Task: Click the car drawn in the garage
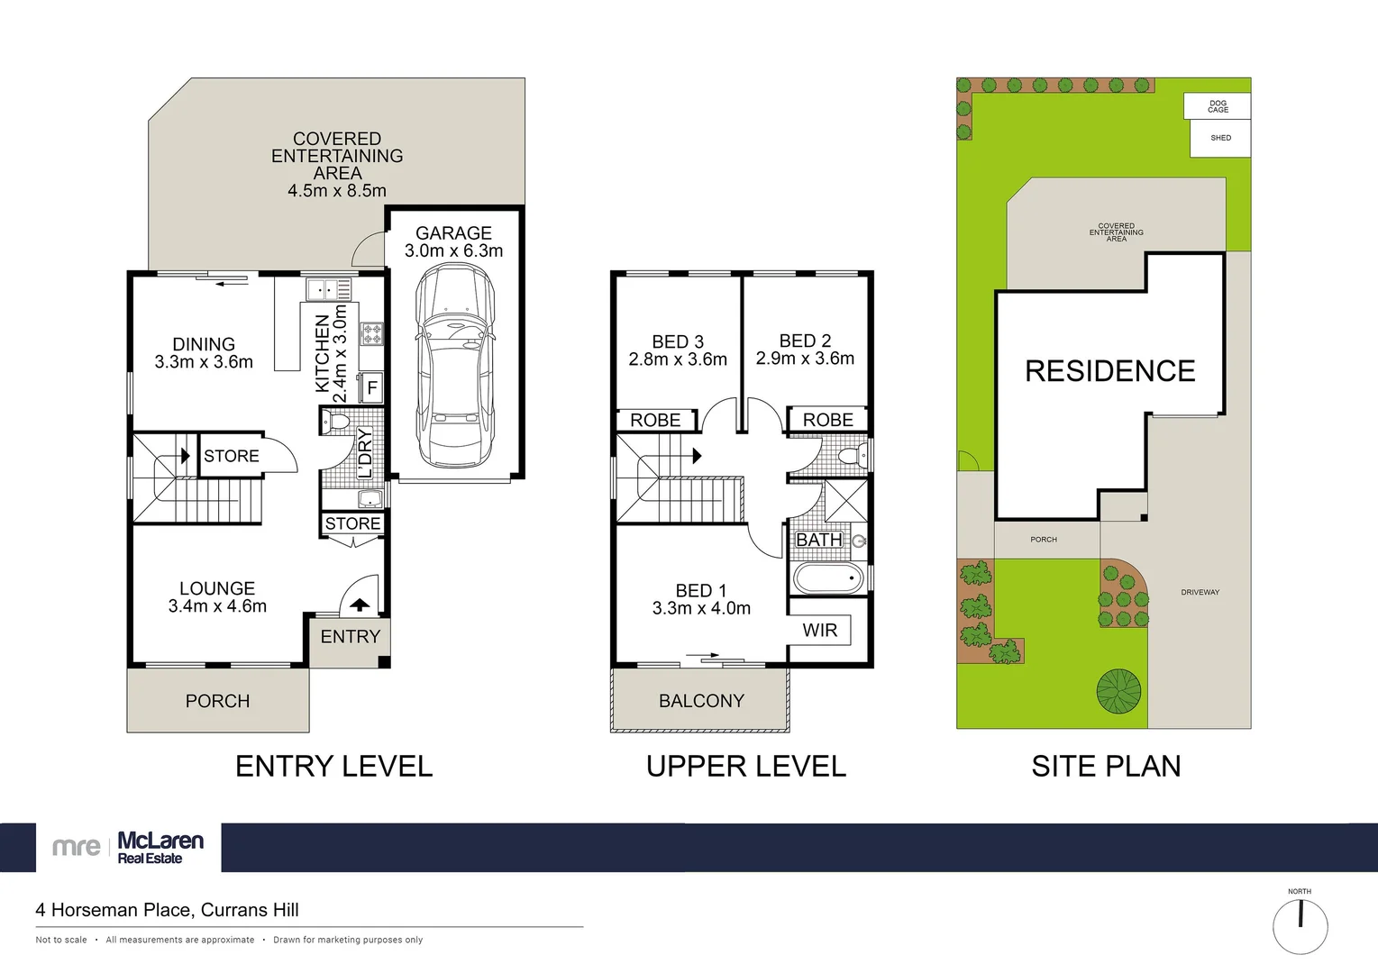454,365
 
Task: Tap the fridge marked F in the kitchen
371,388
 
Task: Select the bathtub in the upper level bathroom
828,578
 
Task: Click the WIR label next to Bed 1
820,631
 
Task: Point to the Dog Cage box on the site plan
1218,106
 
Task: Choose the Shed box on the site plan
1220,139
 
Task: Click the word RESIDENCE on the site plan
1109,371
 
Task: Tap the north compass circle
1300,926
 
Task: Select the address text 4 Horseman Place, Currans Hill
167,910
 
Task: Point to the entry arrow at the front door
360,605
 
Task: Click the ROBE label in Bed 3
655,421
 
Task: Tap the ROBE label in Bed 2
827,420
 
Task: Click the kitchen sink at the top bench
328,289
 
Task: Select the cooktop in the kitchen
371,334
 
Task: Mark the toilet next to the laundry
338,421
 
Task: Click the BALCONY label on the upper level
701,701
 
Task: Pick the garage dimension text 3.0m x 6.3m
453,251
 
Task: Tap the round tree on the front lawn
1118,691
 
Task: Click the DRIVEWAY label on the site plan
1200,593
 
